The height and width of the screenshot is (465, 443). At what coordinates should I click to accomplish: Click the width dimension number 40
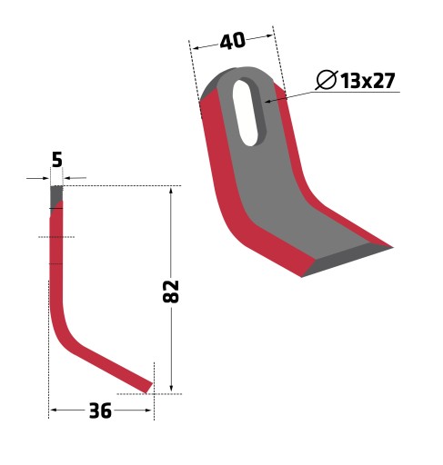(232, 41)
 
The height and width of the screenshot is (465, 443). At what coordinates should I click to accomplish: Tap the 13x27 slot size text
(367, 81)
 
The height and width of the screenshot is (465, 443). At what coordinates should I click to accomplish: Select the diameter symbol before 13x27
(327, 80)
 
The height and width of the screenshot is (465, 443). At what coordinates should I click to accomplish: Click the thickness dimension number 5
(57, 160)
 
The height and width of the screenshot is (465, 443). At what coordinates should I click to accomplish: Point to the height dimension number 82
(171, 292)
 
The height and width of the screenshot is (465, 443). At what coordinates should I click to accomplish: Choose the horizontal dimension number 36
(100, 411)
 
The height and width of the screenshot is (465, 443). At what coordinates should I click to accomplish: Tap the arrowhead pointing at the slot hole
(268, 101)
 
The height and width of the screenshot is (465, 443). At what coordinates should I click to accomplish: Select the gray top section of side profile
(56, 196)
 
